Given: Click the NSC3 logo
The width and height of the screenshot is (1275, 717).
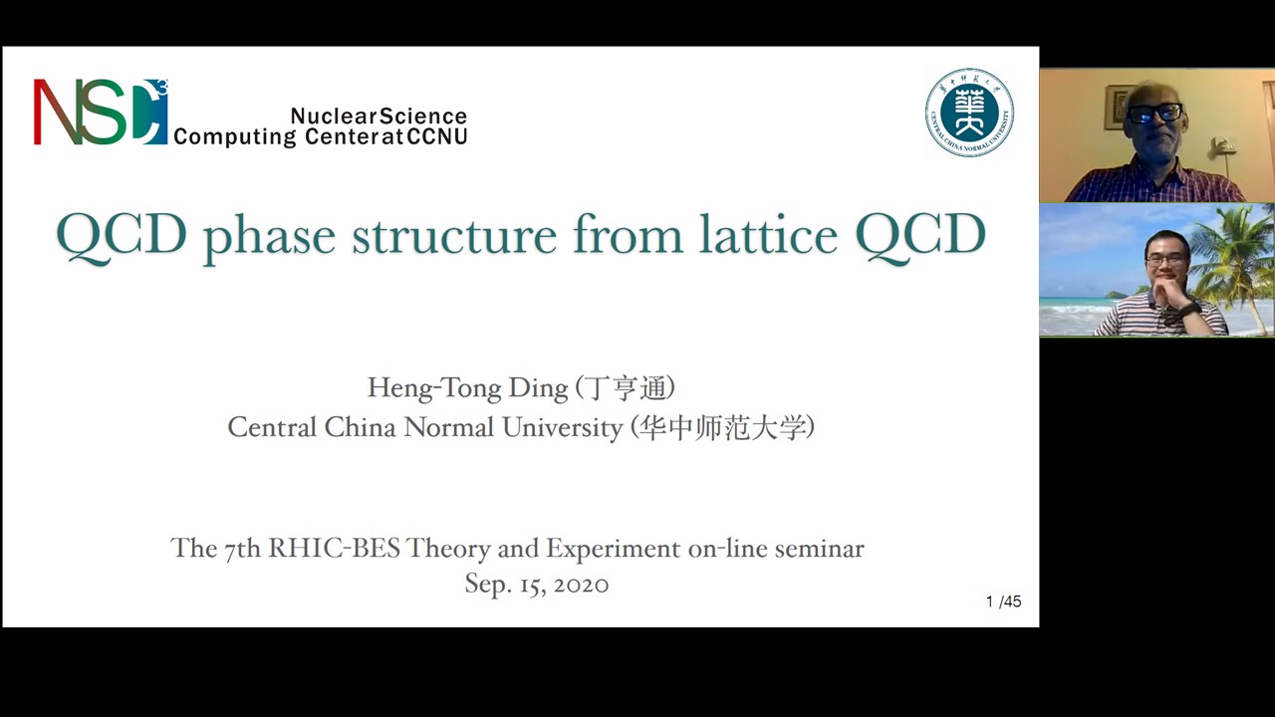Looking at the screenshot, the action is [x=101, y=112].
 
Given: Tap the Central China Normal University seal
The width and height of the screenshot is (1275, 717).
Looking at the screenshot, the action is [x=969, y=113].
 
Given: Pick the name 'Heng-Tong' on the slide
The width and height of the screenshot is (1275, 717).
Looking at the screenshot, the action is [x=434, y=388].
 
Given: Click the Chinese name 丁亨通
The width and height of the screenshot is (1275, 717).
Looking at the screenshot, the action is [x=627, y=388].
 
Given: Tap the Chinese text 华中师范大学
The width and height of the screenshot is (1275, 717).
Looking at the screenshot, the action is [x=723, y=427].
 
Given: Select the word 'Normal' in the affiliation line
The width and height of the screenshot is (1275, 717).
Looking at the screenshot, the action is [x=448, y=427].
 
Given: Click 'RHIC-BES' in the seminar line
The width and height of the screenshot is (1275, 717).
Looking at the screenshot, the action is [x=334, y=548].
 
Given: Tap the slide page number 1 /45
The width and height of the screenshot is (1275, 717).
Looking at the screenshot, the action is [x=1003, y=601].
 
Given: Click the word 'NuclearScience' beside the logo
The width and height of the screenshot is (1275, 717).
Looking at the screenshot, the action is [x=379, y=117].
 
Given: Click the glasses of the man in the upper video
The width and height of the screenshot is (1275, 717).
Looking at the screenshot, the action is [x=1154, y=114].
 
